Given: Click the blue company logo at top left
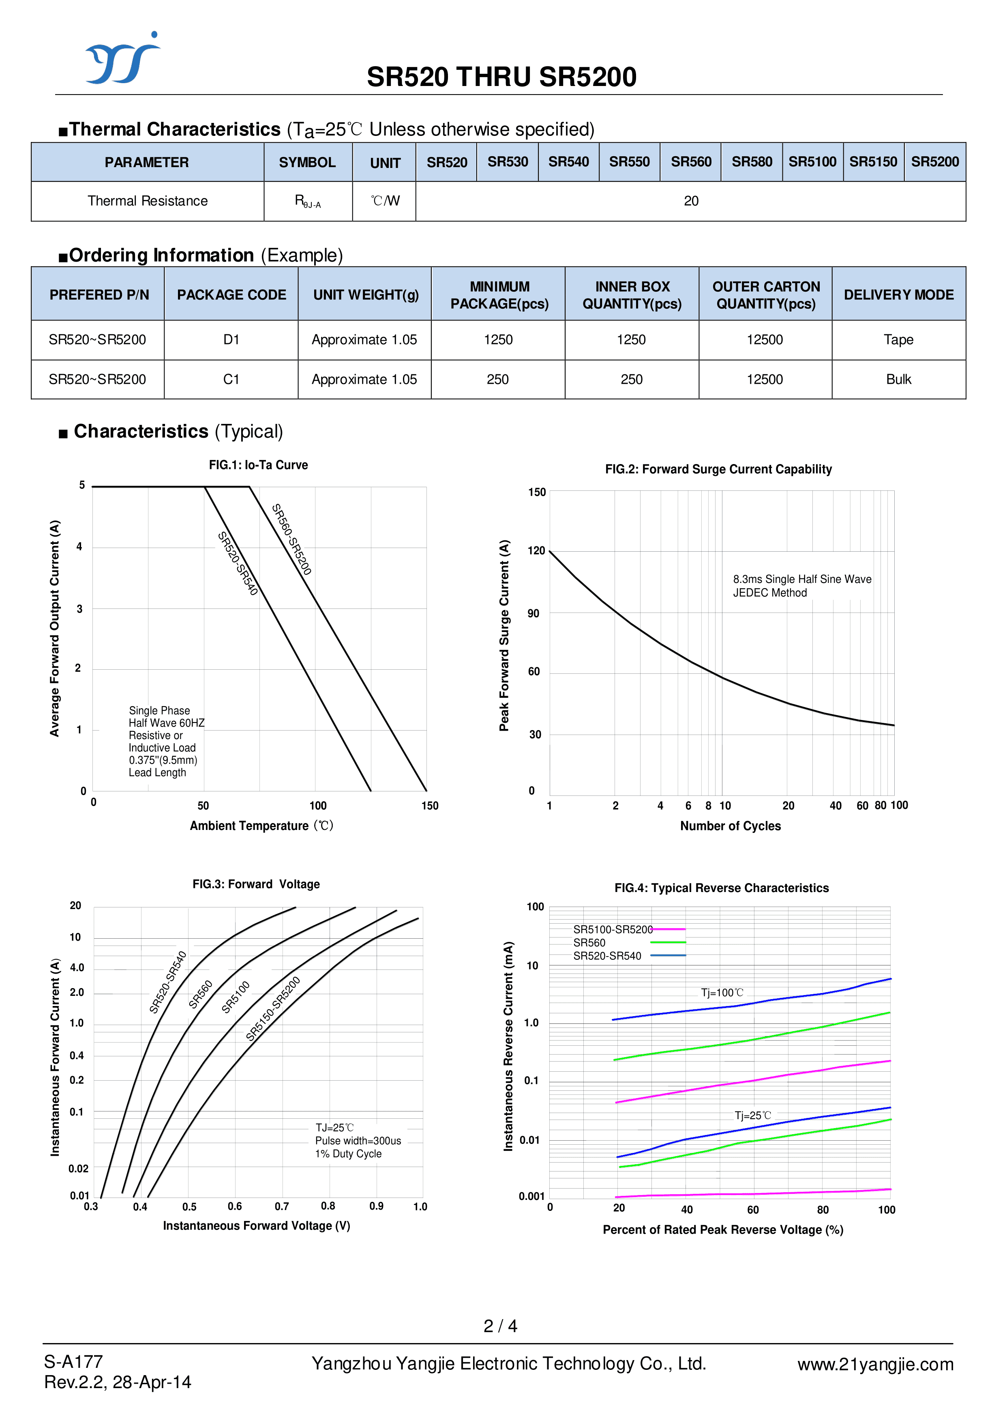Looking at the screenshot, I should click(x=122, y=59).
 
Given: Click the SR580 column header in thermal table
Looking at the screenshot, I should click(x=752, y=162).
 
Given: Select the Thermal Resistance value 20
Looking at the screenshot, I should click(x=691, y=201).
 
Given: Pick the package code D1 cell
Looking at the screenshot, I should click(x=231, y=340).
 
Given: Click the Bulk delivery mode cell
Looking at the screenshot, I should click(x=898, y=380).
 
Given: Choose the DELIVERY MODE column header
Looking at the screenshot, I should click(x=898, y=294).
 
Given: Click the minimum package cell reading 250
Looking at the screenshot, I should click(x=497, y=380).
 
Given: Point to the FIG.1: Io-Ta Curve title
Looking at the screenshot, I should click(x=258, y=465).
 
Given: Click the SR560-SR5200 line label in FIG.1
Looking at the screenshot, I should click(x=291, y=539).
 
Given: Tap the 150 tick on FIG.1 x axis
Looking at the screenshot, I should click(x=430, y=806).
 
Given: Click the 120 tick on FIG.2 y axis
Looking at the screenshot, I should click(x=536, y=551).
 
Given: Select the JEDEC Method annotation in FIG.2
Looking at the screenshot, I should click(x=769, y=593).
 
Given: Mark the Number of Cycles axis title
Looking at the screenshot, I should click(x=731, y=826).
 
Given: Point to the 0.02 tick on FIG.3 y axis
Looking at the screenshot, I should click(x=78, y=1169).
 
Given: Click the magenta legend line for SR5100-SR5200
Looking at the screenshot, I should click(x=669, y=929).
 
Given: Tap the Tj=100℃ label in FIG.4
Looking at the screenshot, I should click(x=722, y=993).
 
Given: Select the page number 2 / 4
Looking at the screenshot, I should click(x=500, y=1326).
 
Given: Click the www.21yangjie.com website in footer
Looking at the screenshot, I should click(x=875, y=1364).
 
